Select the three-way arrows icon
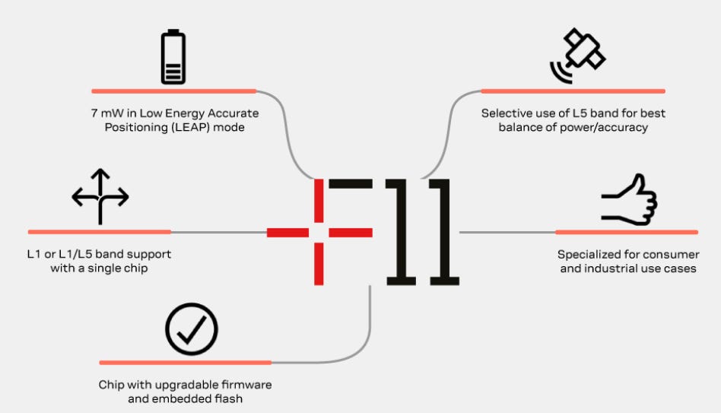[100, 197]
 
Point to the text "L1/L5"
[70, 254]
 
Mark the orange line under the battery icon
[173, 91]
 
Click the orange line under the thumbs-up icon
[627, 232]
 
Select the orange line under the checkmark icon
[185, 363]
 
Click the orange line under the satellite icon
[573, 91]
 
